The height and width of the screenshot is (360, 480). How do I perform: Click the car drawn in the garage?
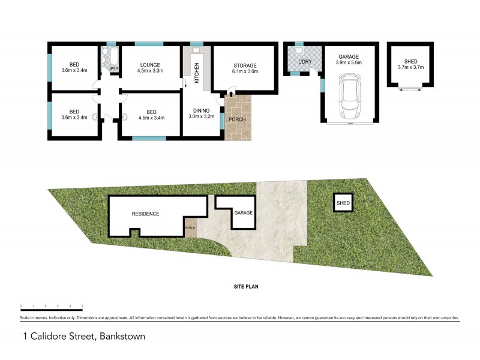coord(350,95)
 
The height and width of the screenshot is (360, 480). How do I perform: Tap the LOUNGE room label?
coord(151,65)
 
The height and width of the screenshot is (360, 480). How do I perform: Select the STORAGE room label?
coord(245,65)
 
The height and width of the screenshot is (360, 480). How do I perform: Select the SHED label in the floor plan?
coord(411,61)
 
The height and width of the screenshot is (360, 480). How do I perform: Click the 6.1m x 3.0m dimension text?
coord(245,71)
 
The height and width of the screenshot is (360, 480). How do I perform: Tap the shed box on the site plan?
coord(343,203)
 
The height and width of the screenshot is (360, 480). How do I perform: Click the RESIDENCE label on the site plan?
coord(146,214)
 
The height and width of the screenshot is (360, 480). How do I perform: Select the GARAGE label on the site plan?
coord(243,213)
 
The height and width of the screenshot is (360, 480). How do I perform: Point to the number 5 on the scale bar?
coord(82,305)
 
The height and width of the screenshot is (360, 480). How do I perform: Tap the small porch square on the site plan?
coord(191,227)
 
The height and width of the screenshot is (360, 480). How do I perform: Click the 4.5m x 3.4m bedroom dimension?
coord(151,118)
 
